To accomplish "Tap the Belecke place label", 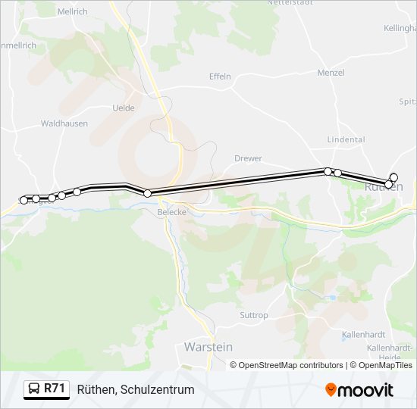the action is point(171,212).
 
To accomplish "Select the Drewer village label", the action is point(248,158).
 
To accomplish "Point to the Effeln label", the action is point(220,76).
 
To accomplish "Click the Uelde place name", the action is point(123,108).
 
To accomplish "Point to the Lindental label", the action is point(346,139).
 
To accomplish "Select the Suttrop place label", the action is point(253,315).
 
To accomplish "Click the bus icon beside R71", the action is point(34,389).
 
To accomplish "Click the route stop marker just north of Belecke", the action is point(147,193).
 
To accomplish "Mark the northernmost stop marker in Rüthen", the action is point(393,177).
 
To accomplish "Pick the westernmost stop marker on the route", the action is point(24,200).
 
